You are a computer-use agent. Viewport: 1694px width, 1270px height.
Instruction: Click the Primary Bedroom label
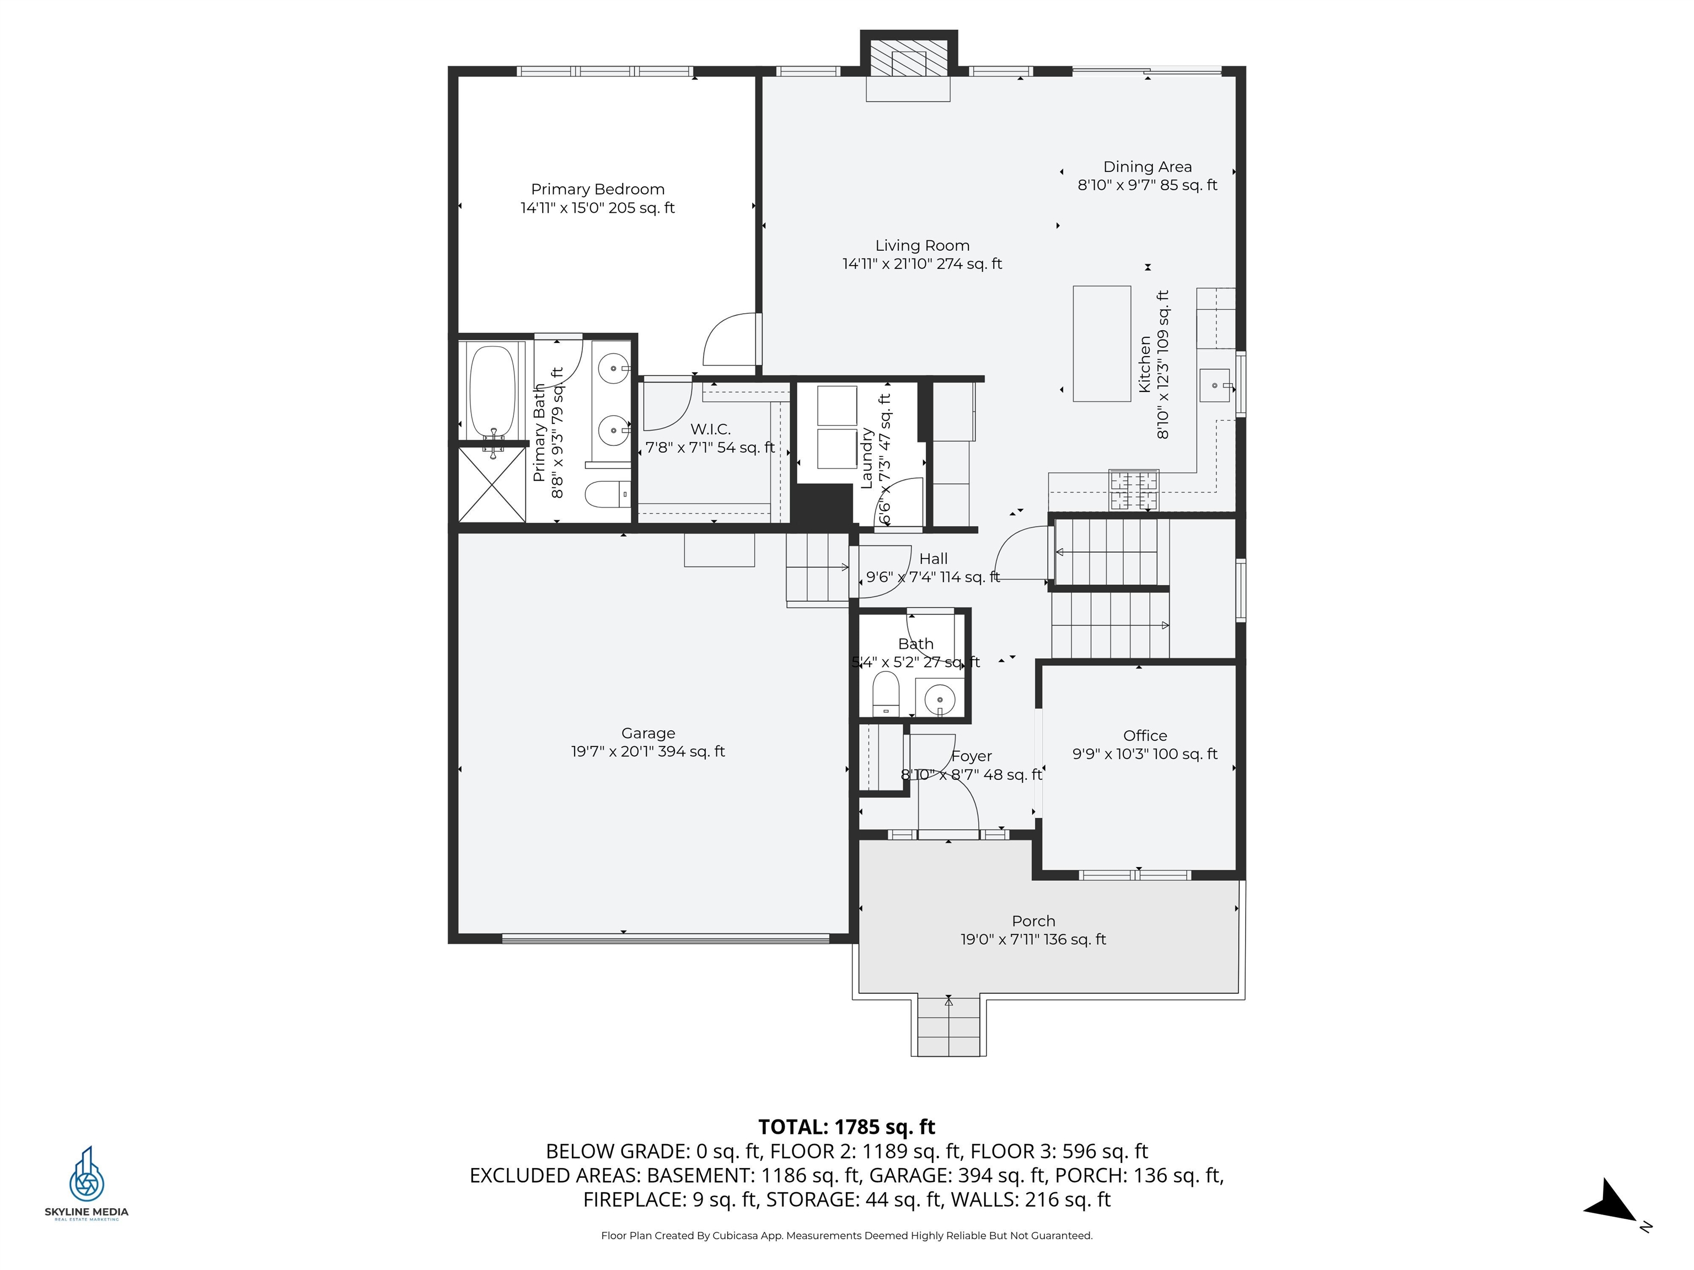(x=597, y=189)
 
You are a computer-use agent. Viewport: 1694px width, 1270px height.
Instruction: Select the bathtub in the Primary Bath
(x=492, y=392)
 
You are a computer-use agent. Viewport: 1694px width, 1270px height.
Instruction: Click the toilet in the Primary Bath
(x=607, y=494)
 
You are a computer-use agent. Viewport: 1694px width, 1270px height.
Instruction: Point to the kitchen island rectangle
(x=1101, y=344)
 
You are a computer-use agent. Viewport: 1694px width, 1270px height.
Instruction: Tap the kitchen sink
(x=1215, y=385)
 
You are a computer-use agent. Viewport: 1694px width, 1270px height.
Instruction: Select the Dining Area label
(x=1147, y=167)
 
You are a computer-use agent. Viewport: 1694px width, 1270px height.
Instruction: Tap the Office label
(x=1145, y=736)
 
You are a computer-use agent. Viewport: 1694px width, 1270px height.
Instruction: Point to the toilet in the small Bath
(x=886, y=693)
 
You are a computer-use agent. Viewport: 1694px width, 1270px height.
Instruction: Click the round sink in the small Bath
(x=940, y=699)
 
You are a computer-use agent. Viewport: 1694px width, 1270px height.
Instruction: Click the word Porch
(x=1033, y=921)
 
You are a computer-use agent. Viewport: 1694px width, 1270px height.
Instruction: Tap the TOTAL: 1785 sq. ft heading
(x=846, y=1127)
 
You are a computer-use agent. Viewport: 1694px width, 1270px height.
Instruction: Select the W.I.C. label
(x=710, y=429)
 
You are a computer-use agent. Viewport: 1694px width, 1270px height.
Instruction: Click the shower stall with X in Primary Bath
(x=492, y=485)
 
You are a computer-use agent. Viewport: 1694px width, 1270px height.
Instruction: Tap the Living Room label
(x=922, y=246)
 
